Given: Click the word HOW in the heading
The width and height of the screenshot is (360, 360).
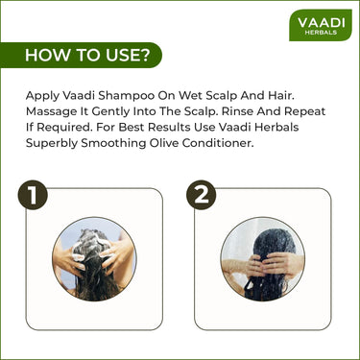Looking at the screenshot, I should [45, 55].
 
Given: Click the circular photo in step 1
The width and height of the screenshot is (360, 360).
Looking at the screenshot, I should [93, 258].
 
